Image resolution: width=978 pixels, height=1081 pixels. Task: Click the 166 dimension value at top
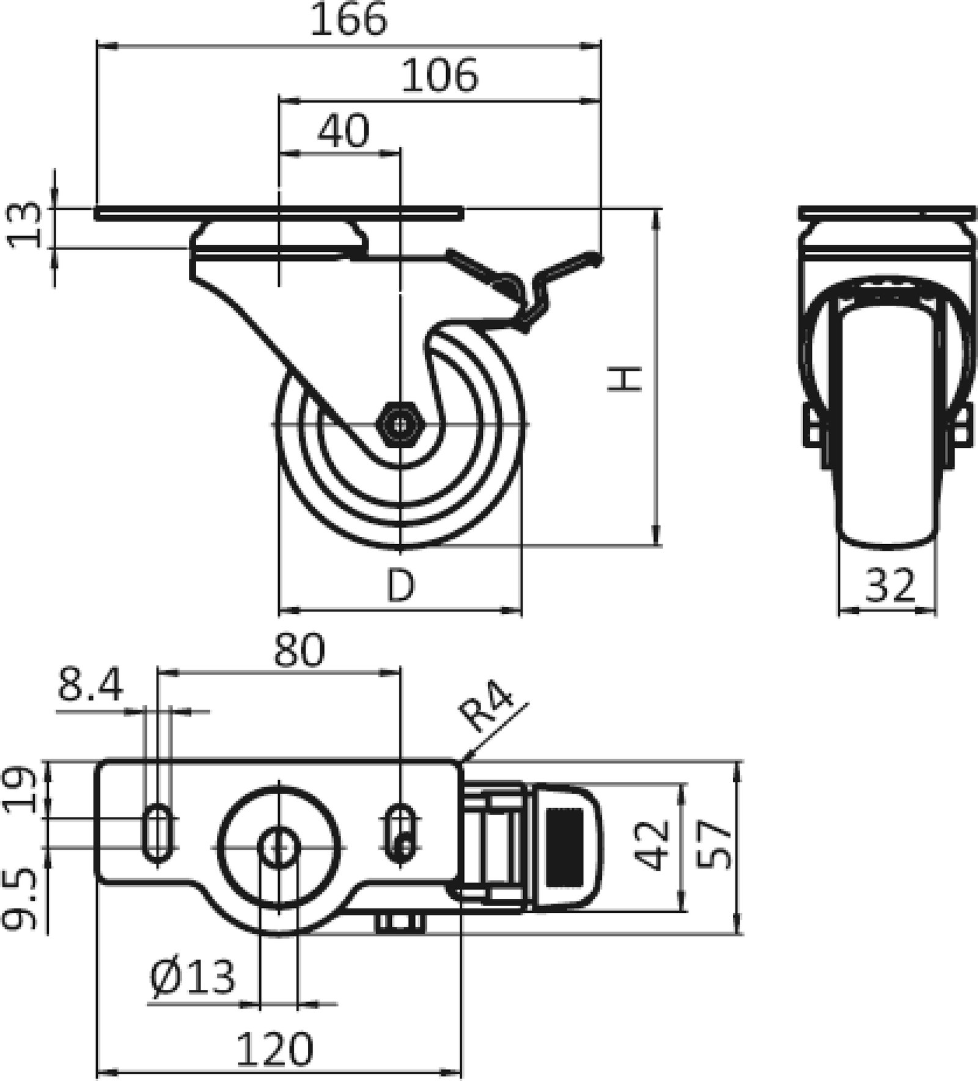click(x=349, y=20)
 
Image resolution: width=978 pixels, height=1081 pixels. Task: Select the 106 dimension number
click(x=439, y=76)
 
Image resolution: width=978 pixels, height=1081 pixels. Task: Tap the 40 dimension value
click(x=344, y=131)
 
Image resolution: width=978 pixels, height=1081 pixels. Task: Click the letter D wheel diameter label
click(x=401, y=585)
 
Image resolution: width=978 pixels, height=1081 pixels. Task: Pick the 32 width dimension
click(x=890, y=585)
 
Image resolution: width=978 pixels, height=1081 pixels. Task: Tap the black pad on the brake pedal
click(x=564, y=846)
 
